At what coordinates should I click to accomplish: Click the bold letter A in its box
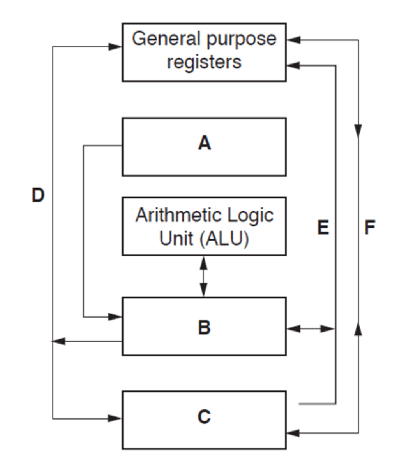tap(204, 144)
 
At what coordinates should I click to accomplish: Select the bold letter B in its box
tap(204, 327)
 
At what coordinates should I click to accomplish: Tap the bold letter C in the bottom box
tap(204, 417)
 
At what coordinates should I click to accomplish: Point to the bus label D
tap(38, 195)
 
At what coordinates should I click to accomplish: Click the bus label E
tap(323, 228)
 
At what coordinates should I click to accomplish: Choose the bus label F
tap(369, 228)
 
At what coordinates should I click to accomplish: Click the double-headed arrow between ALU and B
tap(203, 276)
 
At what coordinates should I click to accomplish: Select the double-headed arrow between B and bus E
tap(311, 329)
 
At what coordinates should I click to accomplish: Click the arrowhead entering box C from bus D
tap(115, 419)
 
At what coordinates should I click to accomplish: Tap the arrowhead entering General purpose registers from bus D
tap(115, 47)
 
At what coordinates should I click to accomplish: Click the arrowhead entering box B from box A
tap(115, 317)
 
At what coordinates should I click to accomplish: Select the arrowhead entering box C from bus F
tap(293, 433)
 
